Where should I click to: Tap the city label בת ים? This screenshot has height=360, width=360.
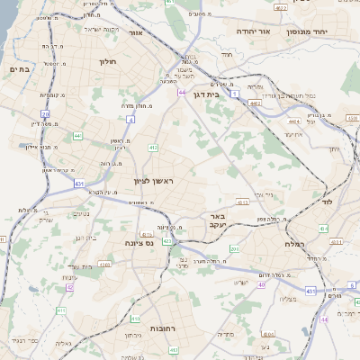20,69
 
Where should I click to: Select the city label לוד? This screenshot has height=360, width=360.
327,202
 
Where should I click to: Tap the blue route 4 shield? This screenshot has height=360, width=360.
130,118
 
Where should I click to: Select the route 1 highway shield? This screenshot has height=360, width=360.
234,93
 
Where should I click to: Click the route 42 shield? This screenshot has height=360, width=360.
70,286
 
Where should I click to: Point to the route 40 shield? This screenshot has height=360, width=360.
261,284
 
